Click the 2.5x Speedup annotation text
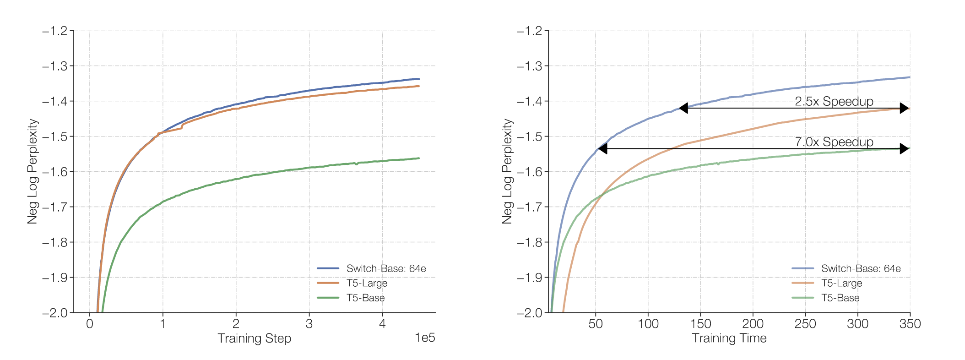point(834,101)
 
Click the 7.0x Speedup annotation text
point(834,142)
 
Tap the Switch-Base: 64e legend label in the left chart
point(386,268)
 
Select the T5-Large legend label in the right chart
point(841,283)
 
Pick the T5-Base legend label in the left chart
point(365,298)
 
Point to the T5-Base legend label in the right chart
point(840,298)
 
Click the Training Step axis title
point(254,338)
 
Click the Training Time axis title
point(729,338)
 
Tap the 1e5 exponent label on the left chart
point(425,338)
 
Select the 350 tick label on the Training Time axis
point(910,324)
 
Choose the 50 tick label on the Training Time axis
point(596,324)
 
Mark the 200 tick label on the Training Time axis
point(753,324)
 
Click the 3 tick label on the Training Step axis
point(309,324)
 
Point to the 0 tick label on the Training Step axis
point(90,324)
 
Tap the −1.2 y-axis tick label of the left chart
point(54,31)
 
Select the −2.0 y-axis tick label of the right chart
point(529,313)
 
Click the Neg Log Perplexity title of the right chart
point(507,171)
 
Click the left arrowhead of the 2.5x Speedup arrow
point(683,108)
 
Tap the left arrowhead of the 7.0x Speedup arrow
point(603,148)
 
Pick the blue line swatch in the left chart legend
point(328,268)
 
